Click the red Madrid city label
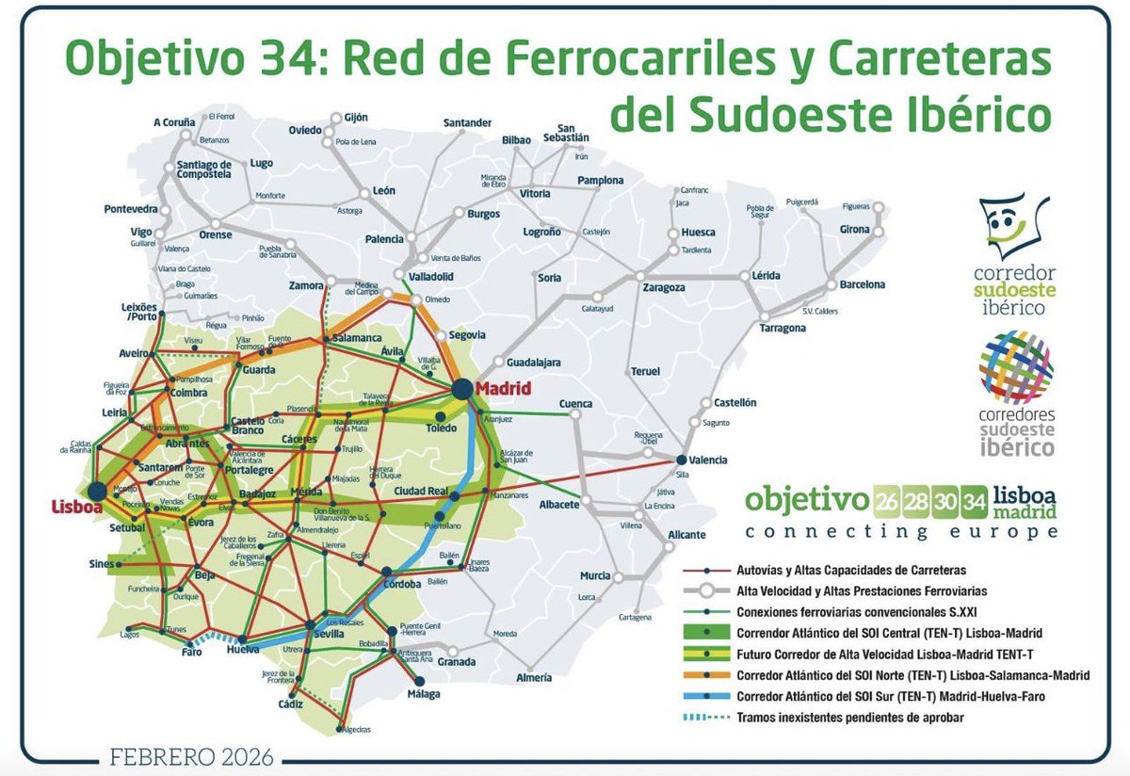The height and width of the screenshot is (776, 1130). tap(504, 388)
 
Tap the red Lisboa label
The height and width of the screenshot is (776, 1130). tap(76, 508)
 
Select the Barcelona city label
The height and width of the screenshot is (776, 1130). tap(863, 283)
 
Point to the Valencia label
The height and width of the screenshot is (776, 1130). tap(708, 460)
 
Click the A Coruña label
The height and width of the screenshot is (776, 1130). tap(174, 121)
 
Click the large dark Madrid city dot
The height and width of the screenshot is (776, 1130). tap(462, 388)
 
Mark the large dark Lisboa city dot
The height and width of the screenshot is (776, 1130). tap(96, 490)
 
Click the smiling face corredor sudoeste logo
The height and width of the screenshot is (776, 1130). tap(1012, 225)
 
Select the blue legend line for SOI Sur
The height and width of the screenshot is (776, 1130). tap(710, 696)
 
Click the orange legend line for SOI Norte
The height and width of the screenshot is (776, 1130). tap(710, 675)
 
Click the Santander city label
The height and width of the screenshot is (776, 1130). tap(468, 123)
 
